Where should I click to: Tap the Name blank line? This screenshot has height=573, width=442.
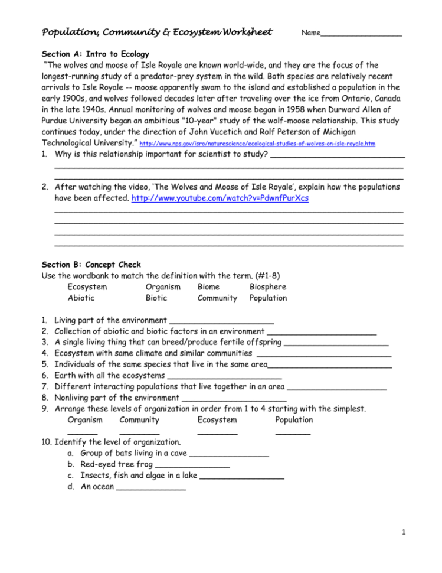point(361,35)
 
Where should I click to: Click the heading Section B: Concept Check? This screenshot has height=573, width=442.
point(91,265)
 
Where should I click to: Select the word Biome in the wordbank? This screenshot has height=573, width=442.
point(210,287)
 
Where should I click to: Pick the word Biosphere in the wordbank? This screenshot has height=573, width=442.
point(267,287)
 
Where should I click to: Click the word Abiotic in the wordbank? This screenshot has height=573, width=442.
point(81,298)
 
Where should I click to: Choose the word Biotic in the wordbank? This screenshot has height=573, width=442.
point(156,298)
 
